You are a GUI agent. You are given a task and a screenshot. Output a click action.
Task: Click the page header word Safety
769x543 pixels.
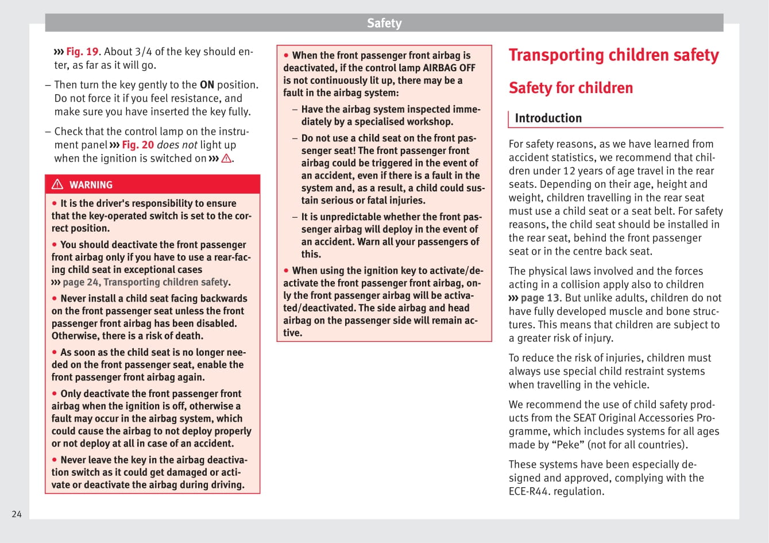384,23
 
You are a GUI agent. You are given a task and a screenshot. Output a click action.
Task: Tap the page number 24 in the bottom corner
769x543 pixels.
17,514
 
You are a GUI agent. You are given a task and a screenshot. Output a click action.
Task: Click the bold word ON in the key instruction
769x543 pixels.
207,85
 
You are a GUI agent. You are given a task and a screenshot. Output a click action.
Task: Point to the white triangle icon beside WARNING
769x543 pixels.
57,184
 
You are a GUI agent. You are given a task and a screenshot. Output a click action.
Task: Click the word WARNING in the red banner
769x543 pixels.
91,185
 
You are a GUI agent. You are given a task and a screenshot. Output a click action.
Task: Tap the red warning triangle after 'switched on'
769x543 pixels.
226,159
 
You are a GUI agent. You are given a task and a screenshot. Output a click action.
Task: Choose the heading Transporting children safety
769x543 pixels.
613,55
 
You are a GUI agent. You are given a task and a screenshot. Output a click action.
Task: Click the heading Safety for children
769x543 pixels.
570,88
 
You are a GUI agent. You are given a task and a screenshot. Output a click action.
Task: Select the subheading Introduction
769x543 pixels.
548,118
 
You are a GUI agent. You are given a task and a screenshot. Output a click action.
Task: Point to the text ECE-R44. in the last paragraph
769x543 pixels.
531,491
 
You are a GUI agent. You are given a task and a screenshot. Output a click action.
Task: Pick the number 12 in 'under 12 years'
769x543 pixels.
569,171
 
